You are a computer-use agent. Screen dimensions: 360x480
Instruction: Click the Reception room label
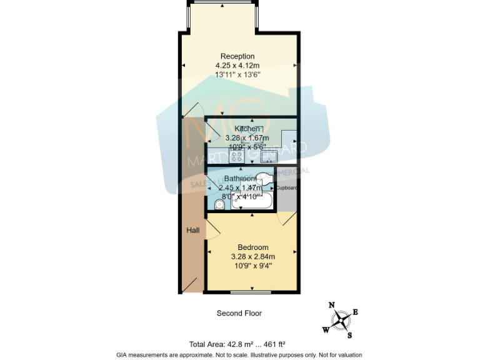pos(237,56)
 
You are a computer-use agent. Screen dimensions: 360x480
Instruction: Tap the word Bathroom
pos(240,178)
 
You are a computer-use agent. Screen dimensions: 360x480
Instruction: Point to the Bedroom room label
pos(253,246)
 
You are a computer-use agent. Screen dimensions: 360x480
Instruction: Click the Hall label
pos(193,231)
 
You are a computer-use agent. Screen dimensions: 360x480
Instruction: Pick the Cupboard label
pos(286,187)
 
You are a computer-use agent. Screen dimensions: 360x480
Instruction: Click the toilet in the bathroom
pos(218,204)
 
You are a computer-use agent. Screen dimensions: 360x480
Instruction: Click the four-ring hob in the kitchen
pos(237,156)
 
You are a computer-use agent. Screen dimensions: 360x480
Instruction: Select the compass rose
pos(341,319)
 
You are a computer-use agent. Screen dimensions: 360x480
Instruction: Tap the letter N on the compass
pos(332,305)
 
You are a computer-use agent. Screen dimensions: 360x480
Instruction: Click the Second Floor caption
pos(239,313)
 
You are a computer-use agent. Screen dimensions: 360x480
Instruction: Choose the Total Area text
pos(237,344)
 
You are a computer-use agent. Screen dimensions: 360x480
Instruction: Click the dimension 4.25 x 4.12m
pos(237,66)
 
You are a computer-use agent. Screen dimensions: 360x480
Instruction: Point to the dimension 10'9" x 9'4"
pos(253,265)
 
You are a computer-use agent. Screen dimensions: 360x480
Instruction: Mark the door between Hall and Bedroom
pos(211,229)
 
